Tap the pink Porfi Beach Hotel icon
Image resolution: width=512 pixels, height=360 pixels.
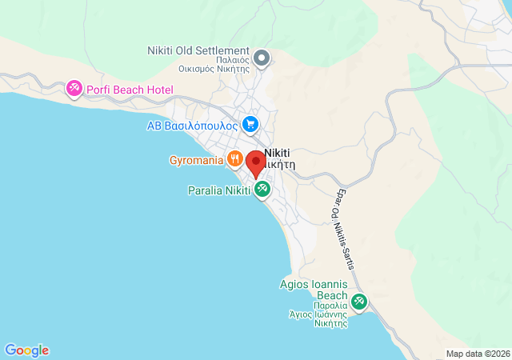tap(74, 89)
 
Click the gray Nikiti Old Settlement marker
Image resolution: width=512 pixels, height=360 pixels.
tap(262, 58)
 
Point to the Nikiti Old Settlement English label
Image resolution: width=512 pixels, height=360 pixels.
tap(198, 50)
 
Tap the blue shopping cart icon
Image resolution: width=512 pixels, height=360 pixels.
tap(250, 124)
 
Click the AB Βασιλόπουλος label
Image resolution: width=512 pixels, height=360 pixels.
tap(192, 126)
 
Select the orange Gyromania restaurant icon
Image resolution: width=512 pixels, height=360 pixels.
tap(234, 158)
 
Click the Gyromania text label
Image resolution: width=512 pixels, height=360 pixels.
tap(195, 160)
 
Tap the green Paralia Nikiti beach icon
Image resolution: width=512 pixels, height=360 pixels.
tap(262, 190)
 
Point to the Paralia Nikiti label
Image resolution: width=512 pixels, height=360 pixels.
tap(218, 191)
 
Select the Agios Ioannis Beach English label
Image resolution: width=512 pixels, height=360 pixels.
tap(313, 289)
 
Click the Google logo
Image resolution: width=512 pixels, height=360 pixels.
tap(26, 350)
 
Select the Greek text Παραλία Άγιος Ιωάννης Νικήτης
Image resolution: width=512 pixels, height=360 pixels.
tap(318, 314)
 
